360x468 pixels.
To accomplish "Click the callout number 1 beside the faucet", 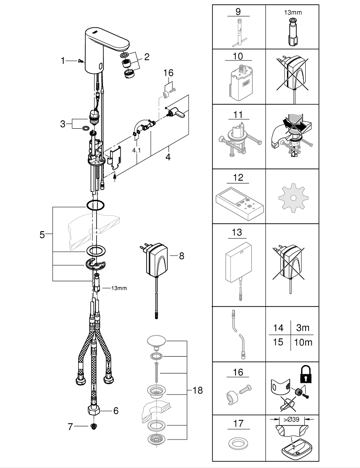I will pyautogui.click(x=63, y=60).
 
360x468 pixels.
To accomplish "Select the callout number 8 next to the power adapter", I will pyautogui.click(x=182, y=256).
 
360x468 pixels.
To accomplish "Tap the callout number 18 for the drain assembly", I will pyautogui.click(x=198, y=390).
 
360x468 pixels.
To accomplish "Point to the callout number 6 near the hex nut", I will pyautogui.click(x=116, y=410).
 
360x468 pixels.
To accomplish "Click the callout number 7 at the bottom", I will pyautogui.click(x=71, y=426).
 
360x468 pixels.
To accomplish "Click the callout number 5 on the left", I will pyautogui.click(x=42, y=235).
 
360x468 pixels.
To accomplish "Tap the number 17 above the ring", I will pyautogui.click(x=238, y=424).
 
